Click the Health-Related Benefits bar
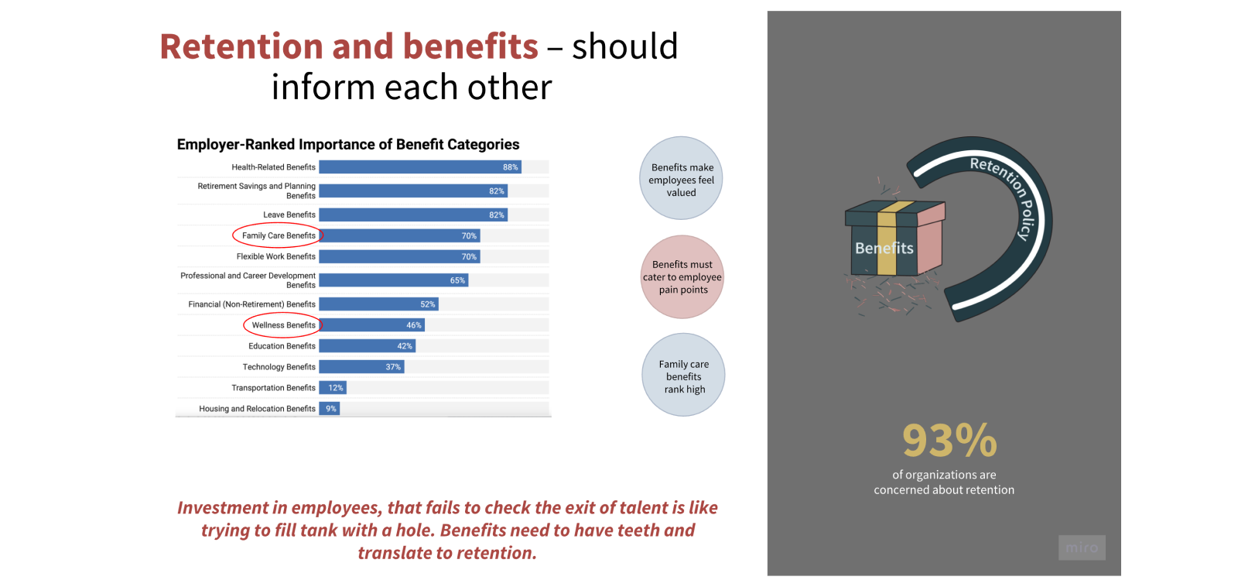click(x=420, y=167)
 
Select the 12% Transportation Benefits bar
click(x=333, y=388)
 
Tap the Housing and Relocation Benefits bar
click(x=330, y=409)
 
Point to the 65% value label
click(x=457, y=280)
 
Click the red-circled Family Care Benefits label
click(x=278, y=235)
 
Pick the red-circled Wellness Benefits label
click(x=283, y=325)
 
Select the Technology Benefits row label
click(x=279, y=367)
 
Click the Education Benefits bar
click(x=367, y=346)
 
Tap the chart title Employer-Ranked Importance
click(x=348, y=144)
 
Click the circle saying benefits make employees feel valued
click(x=681, y=178)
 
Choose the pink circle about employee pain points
click(x=682, y=276)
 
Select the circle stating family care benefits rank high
click(x=683, y=375)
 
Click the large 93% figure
click(x=949, y=441)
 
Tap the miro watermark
click(x=1082, y=548)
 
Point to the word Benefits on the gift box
click(x=884, y=248)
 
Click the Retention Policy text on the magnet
click(x=1009, y=194)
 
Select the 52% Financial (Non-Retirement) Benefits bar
click(x=378, y=304)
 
